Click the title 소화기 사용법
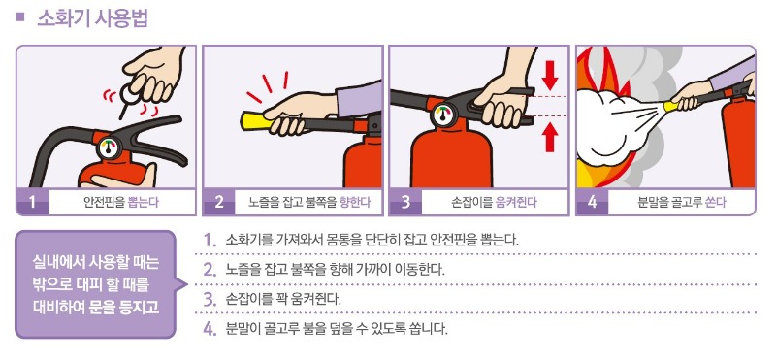pos(92,18)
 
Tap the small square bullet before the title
pos(19,17)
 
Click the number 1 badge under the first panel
pos(33,202)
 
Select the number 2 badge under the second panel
pos(219,202)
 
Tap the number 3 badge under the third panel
pos(405,202)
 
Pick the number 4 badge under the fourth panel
pos(592,202)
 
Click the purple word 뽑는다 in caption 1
pos(144,202)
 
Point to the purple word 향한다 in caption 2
pos(355,202)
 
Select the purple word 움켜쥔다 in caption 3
pos(516,202)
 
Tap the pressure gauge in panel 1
pos(109,148)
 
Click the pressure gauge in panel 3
pos(442,115)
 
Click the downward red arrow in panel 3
pos(550,76)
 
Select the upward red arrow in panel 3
pos(550,137)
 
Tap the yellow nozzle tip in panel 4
pos(671,106)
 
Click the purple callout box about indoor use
pos(96,284)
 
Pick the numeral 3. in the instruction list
pos(210,300)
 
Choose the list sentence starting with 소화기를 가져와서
pos(372,241)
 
